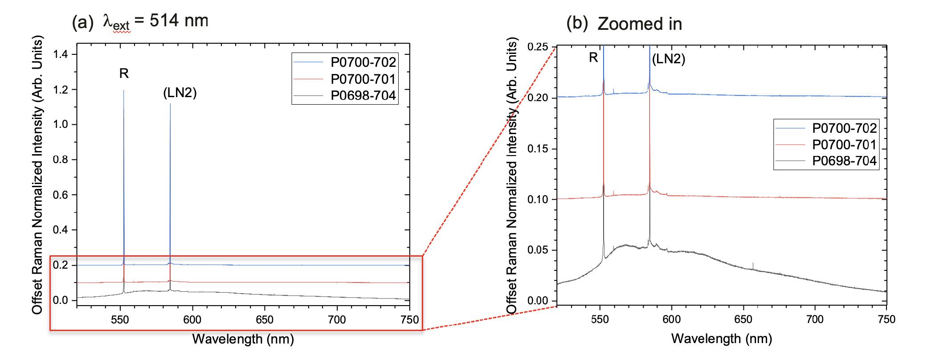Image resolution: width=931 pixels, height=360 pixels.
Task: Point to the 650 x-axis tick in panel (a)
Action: click(x=265, y=319)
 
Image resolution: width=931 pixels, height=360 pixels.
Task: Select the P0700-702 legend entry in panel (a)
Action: click(x=363, y=62)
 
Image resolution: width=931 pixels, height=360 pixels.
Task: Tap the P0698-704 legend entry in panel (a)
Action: click(x=363, y=95)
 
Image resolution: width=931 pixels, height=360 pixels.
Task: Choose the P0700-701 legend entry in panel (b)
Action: click(x=844, y=144)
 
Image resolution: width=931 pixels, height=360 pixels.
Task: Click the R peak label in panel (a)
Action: click(x=124, y=74)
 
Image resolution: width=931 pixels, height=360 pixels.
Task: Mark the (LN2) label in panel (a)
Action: click(x=180, y=93)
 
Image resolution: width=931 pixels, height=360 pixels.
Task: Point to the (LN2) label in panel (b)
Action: click(x=668, y=59)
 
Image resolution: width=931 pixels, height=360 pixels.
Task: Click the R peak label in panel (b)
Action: click(x=593, y=57)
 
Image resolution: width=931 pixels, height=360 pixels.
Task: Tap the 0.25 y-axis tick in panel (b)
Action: click(x=538, y=47)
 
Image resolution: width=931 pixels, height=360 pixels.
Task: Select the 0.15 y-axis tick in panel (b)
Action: click(x=538, y=148)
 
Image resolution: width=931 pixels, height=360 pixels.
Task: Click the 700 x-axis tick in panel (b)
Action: click(x=815, y=319)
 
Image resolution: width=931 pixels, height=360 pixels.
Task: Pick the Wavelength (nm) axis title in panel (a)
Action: click(x=243, y=339)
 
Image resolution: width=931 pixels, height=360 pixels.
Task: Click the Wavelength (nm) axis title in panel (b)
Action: click(x=721, y=338)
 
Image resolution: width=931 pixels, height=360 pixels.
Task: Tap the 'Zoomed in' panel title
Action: click(x=640, y=24)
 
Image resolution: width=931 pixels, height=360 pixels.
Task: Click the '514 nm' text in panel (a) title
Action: click(x=179, y=20)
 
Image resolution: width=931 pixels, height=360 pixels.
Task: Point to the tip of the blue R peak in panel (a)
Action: click(x=124, y=90)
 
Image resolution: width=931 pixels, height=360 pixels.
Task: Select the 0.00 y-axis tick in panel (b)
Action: click(x=538, y=301)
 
